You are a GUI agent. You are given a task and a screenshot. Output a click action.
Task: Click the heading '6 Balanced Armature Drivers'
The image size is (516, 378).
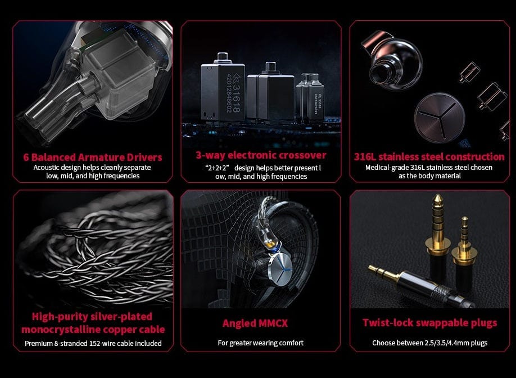coord(93,157)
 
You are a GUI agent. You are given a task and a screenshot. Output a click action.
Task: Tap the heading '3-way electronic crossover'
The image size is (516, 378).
coord(261,155)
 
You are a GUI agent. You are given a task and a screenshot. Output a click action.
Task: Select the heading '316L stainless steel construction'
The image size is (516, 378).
coord(429,156)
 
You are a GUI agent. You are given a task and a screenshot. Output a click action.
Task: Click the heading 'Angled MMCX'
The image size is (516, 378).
coord(255,323)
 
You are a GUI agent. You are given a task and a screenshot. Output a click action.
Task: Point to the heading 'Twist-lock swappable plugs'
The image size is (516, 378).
coord(430,323)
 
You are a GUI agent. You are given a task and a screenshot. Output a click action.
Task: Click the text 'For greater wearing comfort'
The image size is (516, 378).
coord(261,343)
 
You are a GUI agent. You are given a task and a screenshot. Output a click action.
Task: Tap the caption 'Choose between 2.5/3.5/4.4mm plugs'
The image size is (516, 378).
coord(430,343)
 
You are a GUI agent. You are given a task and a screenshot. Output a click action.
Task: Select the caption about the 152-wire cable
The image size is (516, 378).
coord(93,344)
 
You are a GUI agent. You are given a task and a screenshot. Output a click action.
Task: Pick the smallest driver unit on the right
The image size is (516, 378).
coord(310,97)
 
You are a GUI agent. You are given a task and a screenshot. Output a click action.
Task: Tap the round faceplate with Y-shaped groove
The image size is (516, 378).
coord(440,118)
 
